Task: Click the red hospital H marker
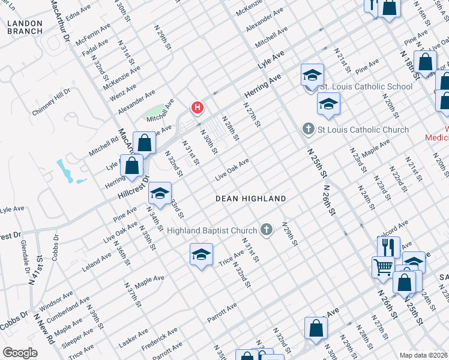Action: point(197,108)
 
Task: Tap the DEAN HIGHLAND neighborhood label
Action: point(251,198)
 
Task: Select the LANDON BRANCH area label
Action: point(25,27)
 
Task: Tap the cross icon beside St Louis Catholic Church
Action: point(309,129)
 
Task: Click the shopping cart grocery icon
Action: point(383,266)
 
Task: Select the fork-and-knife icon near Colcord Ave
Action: point(388,246)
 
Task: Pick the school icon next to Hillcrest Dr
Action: point(160,193)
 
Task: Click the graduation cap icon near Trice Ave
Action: point(202,254)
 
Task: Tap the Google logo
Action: point(20,352)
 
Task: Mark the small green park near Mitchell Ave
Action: point(154,112)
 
